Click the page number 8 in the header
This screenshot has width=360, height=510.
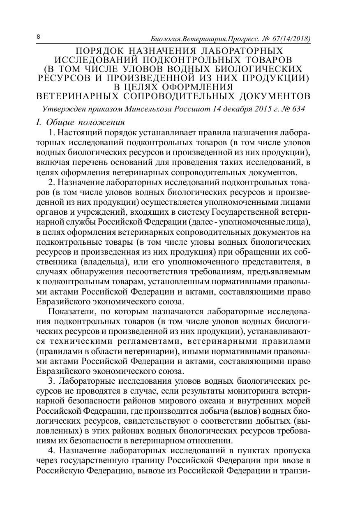tap(39, 37)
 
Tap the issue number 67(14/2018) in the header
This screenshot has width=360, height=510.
tap(288, 39)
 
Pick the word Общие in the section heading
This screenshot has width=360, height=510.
tap(60, 123)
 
